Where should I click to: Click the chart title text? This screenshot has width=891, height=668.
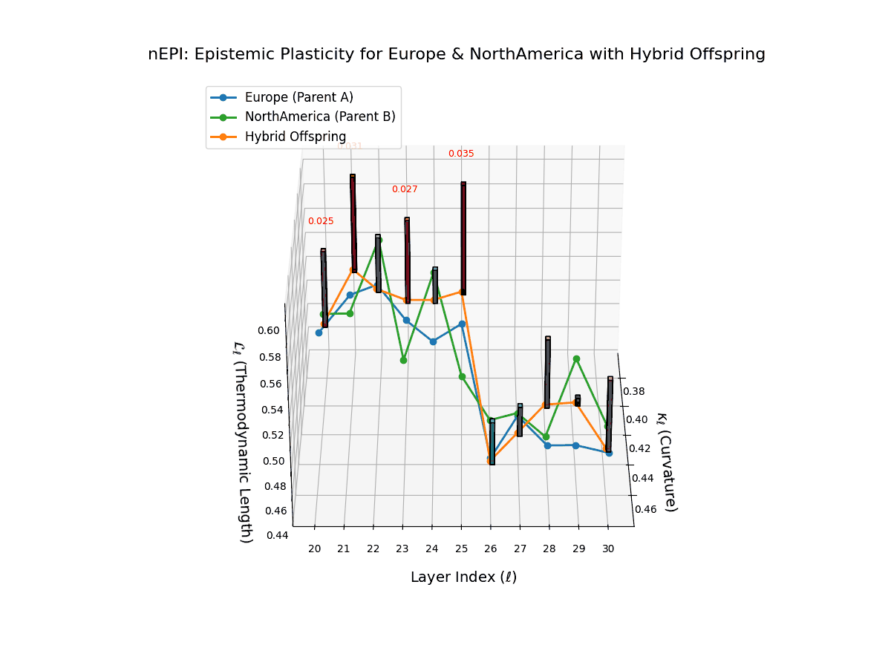(457, 54)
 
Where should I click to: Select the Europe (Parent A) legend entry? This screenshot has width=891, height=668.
(298, 97)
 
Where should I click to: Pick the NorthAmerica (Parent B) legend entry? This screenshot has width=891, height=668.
(319, 117)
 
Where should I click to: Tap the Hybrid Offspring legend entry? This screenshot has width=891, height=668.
(295, 137)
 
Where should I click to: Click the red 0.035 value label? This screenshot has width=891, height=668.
(461, 154)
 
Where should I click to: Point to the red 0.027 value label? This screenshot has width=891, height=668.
(405, 189)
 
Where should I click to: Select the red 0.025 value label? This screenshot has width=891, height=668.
(321, 221)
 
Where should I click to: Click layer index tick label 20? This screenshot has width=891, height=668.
(315, 549)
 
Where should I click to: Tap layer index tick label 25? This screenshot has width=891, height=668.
(461, 549)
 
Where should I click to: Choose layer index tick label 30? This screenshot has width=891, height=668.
(608, 549)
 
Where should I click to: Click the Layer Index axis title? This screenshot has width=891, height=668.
(463, 577)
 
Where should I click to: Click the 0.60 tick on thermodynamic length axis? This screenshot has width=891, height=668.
(269, 330)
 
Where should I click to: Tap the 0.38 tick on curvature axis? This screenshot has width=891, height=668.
(633, 391)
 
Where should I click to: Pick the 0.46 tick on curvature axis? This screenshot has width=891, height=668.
(645, 509)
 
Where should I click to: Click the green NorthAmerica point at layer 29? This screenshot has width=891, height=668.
(576, 359)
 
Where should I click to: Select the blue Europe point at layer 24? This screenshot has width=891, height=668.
(433, 341)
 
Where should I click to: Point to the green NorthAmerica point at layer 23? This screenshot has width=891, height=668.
(404, 360)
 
